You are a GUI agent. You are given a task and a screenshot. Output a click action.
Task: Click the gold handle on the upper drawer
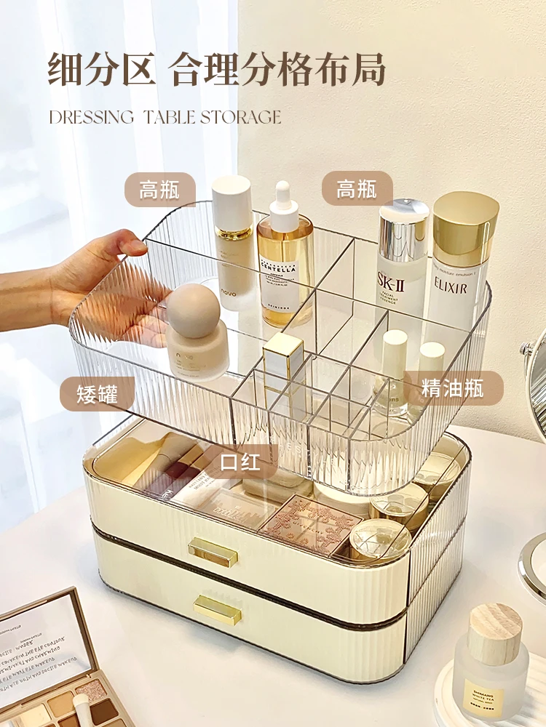tap(213, 552)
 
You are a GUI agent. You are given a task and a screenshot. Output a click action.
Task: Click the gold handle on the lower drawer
tap(218, 609)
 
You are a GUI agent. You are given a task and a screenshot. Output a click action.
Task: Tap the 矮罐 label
tap(97, 393)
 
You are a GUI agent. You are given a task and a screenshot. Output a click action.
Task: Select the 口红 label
tap(240, 461)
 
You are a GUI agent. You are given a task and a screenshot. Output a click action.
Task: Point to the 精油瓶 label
tap(452, 387)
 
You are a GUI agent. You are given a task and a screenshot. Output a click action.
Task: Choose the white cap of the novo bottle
tap(232, 204)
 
